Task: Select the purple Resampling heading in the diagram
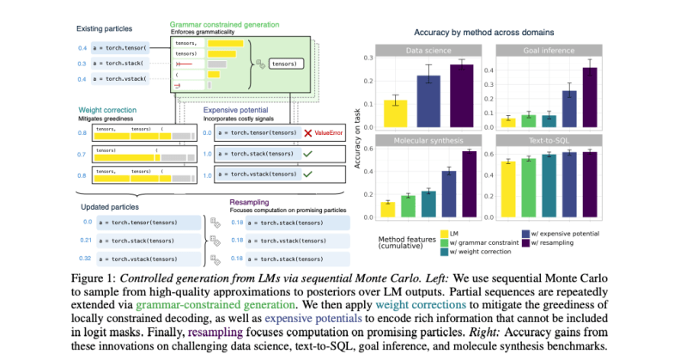point(255,203)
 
